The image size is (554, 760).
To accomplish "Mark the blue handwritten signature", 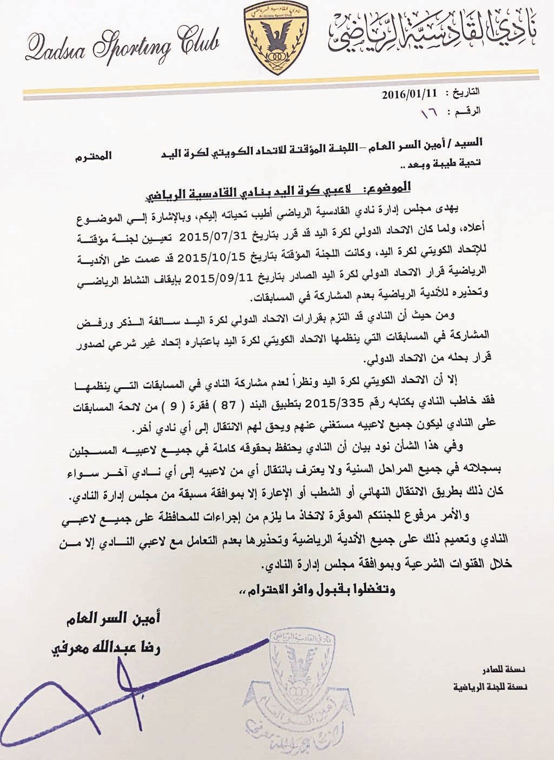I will pos(81,698).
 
